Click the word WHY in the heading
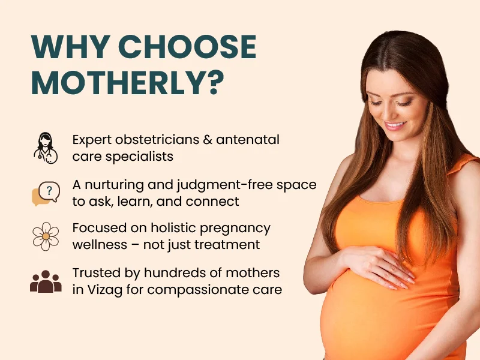71,47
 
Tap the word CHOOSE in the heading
187,47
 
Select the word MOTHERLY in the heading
117,82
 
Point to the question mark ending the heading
214,82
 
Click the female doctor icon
46,148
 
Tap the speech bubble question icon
46,193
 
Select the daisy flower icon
46,236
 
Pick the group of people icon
46,281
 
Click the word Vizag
105,290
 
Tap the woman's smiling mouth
395,125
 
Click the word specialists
140,157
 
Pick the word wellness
100,245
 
